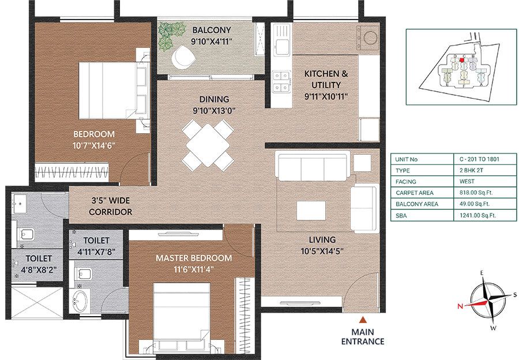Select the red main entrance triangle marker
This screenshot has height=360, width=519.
(x=363, y=319)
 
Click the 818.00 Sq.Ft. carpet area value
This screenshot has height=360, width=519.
(x=475, y=193)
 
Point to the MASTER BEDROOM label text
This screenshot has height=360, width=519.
(x=194, y=258)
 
